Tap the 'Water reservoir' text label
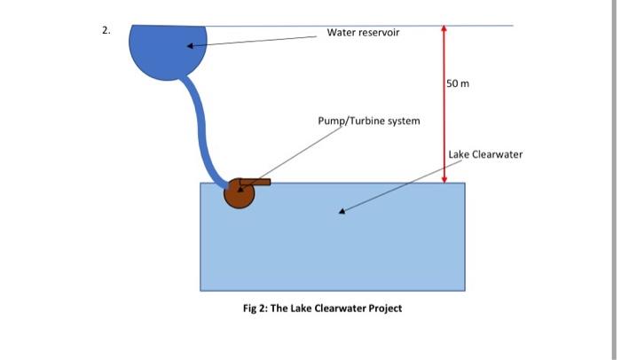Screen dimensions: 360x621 pos(363,33)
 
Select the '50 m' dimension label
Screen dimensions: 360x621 pos(458,84)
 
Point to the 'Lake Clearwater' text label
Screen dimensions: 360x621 pos(485,154)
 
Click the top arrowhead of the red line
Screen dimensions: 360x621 pos(444,29)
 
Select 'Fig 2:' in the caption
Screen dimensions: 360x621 pos(257,309)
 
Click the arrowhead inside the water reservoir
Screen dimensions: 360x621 pos(189,46)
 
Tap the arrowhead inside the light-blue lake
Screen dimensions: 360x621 pos(343,210)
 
